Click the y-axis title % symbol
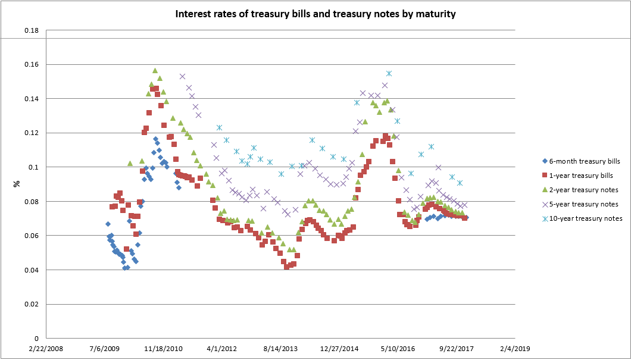(17, 184)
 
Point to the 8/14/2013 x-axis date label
(280, 349)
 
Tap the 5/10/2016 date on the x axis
(397, 349)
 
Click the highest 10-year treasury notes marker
(389, 73)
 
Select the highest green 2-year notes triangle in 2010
(155, 71)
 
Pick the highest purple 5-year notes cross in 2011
(182, 76)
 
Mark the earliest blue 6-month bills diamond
(108, 224)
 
